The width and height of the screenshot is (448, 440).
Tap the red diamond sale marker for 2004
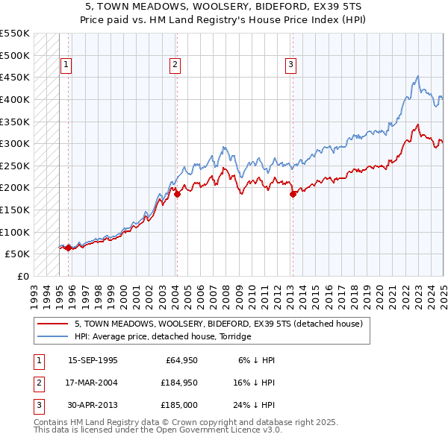click(177, 194)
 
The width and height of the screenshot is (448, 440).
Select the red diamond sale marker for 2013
click(293, 194)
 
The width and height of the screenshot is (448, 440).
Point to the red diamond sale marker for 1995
click(68, 248)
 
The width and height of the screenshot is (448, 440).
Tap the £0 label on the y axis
click(22, 276)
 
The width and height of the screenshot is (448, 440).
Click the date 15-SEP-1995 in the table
click(93, 359)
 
